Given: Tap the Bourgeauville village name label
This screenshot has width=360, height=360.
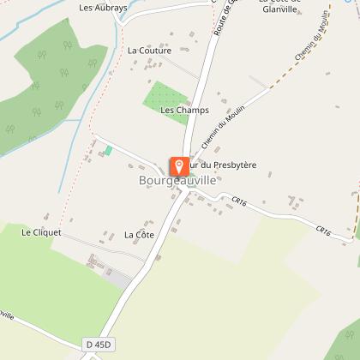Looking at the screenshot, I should [175, 181].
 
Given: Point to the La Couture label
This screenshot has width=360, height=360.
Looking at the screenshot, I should [149, 51].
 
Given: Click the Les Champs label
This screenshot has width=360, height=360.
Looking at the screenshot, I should [179, 110].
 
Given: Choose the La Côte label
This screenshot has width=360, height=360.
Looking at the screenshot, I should [138, 234].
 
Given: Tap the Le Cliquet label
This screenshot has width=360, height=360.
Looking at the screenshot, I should [39, 231].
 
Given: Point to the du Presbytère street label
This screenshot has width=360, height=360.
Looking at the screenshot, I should [230, 164].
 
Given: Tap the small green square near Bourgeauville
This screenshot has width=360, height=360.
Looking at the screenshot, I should [108, 151].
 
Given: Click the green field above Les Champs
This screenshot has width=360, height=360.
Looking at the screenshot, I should [163, 93].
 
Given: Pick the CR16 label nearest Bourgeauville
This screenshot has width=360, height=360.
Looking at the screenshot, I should [239, 201].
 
